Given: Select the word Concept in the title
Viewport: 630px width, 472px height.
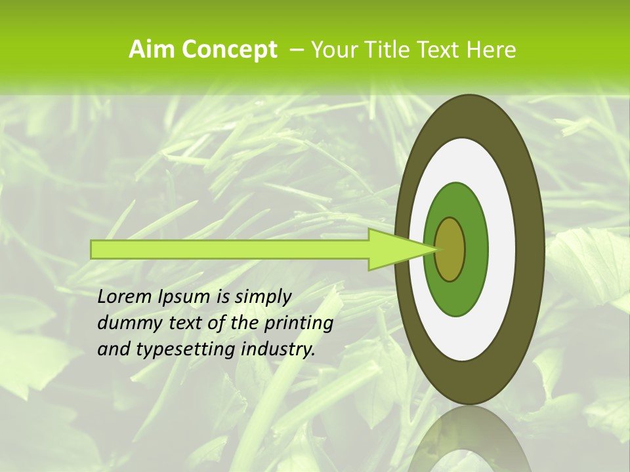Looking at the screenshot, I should coord(230,49).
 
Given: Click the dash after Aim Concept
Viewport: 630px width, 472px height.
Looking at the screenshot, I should coord(296,50).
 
